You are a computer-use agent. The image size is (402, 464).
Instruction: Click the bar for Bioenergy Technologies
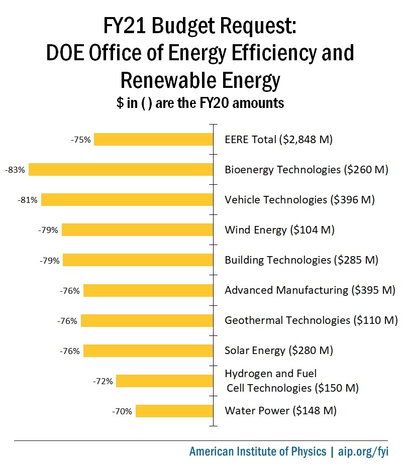coord(121,170)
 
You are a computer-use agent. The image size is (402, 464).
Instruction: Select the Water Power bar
coord(174,411)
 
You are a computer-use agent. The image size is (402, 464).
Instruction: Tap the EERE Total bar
coord(153,140)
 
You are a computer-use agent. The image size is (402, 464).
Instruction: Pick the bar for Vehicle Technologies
coord(127,200)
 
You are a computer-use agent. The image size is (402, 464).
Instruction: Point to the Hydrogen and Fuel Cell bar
coord(165,381)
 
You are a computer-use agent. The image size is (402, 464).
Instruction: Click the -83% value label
coord(15,170)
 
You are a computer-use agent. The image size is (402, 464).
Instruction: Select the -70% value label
coord(122,411)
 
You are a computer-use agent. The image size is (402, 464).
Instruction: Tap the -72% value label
coord(103,381)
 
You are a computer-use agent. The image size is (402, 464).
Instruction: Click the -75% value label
coord(81,140)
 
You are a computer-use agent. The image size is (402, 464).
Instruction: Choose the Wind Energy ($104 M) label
coord(279,230)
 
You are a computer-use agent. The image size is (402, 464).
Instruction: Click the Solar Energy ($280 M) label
coord(279,351)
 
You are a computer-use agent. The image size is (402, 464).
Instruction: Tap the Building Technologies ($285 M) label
coord(301,260)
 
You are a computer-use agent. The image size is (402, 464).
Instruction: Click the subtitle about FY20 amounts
coord(200,103)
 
